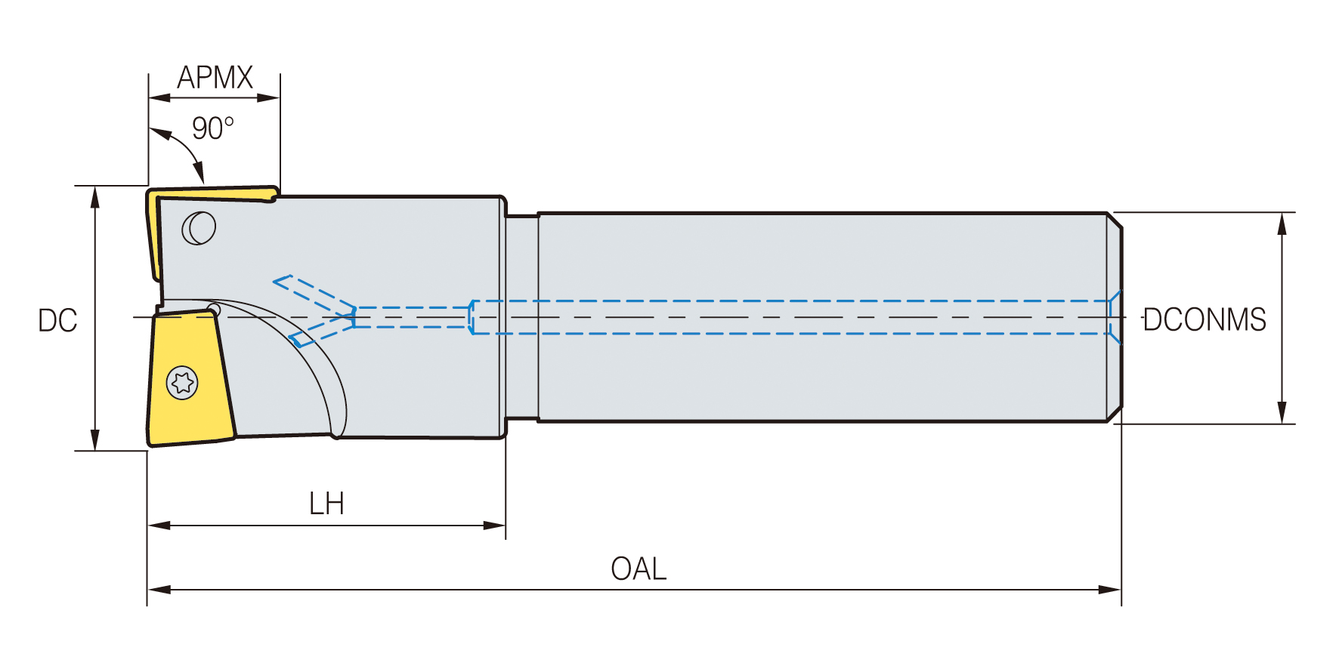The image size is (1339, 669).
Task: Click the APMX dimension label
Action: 215,78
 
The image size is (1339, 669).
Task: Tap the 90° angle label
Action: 212,128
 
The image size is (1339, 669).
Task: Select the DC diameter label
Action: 57,321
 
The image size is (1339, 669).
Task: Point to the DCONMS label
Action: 1204,319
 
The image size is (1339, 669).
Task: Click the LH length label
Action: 326,504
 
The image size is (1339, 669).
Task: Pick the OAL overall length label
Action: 639,569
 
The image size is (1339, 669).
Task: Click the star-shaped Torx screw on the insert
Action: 182,383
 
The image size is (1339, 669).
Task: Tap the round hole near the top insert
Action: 199,227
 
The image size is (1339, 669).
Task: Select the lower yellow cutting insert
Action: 190,377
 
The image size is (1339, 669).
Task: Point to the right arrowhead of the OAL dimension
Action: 1110,590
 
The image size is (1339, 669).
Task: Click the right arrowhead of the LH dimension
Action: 494,526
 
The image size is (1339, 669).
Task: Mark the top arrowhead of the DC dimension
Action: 95,196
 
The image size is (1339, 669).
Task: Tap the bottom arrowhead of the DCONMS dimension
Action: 1282,412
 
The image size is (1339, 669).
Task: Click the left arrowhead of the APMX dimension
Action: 159,97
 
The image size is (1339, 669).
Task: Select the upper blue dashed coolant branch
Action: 314,294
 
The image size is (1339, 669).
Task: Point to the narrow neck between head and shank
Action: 522,317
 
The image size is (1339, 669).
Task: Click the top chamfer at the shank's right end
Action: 1115,220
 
